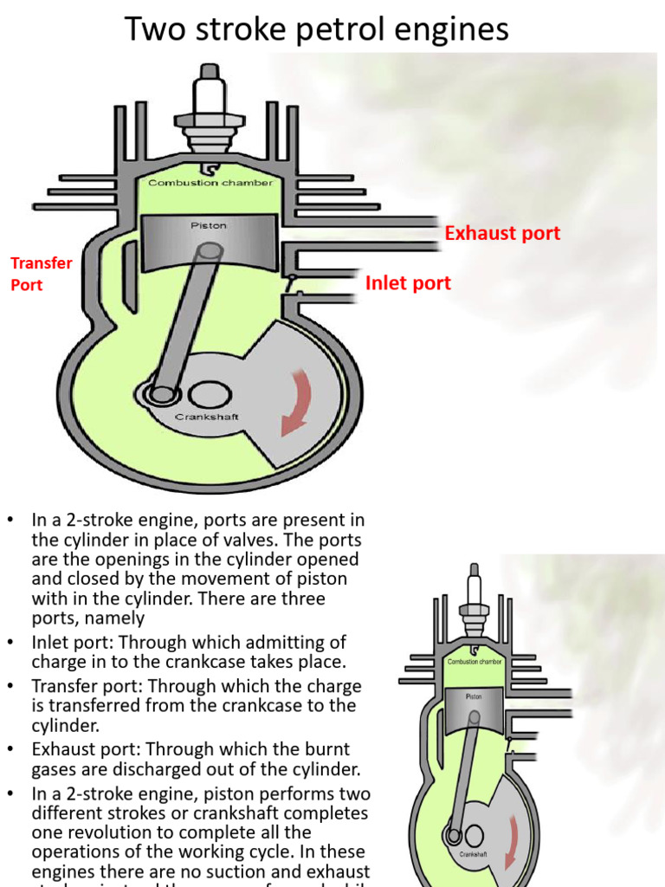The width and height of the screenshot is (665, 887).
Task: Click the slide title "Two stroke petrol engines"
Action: tap(317, 29)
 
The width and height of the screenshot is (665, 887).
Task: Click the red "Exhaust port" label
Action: tap(502, 233)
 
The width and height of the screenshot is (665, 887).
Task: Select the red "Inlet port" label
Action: tap(408, 283)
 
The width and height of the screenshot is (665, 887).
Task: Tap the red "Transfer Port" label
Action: tap(41, 273)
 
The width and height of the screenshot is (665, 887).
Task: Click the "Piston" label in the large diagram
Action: tap(208, 225)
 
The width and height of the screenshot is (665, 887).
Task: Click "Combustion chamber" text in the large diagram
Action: tap(210, 183)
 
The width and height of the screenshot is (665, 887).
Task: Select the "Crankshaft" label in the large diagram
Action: tap(207, 417)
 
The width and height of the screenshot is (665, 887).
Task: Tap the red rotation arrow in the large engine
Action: tap(295, 404)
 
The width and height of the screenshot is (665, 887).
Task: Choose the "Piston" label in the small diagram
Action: tap(474, 695)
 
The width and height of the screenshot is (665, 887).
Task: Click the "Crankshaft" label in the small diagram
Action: tap(473, 853)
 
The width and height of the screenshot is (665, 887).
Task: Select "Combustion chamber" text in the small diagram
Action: tap(475, 661)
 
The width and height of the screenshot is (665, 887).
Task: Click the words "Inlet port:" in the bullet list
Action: tap(74, 643)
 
